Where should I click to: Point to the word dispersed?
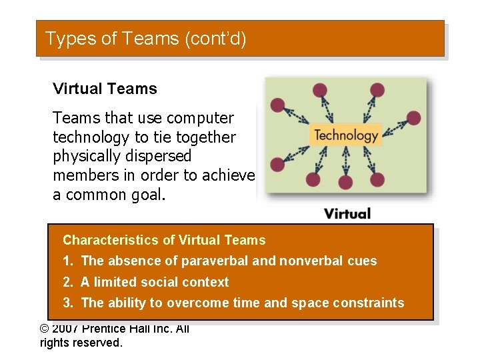(x=162, y=157)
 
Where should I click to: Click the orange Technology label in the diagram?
(x=346, y=135)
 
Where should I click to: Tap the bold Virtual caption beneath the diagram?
(x=347, y=213)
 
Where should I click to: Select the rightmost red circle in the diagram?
(x=413, y=118)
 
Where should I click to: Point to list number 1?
(x=67, y=261)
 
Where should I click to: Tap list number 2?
(x=67, y=283)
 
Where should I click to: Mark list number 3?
(x=67, y=303)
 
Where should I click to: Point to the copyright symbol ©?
(x=45, y=329)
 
